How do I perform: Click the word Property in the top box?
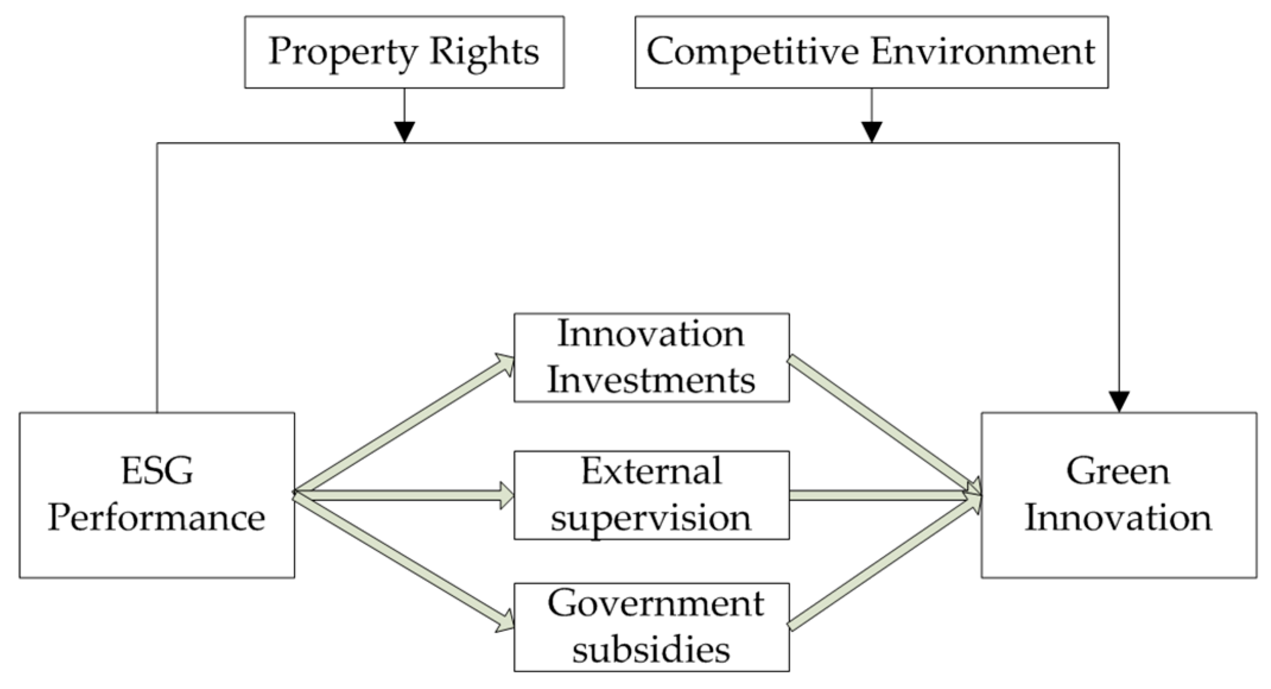342,52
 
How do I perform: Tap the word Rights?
484,52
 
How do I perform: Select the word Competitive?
752,51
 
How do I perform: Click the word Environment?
983,51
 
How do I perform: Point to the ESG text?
157,471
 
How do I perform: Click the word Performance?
157,517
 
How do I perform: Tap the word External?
651,471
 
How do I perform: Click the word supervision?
651,517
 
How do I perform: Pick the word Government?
655,603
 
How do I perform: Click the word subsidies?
651,649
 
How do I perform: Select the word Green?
1118,471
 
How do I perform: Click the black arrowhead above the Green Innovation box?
1119,402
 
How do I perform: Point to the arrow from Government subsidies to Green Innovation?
884,561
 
